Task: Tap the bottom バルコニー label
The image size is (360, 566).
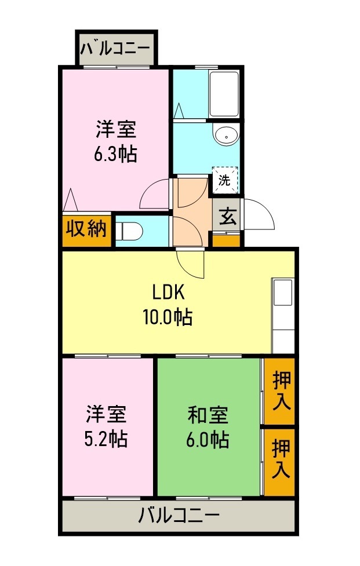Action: coord(179,514)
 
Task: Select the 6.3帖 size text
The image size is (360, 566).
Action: coord(116,154)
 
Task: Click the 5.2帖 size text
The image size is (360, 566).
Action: coord(107,439)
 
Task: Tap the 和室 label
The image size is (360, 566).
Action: coord(208,415)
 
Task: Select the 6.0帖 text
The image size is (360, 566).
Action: coord(208,440)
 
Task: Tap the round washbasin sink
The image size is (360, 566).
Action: coord(225,136)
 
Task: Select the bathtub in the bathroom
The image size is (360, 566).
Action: coord(224,94)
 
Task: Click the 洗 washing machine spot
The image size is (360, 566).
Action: coord(224,180)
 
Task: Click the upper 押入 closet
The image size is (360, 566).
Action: coord(281,392)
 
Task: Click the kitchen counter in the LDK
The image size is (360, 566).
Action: coord(283,316)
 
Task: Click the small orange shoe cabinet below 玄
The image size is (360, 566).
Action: coord(226,239)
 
